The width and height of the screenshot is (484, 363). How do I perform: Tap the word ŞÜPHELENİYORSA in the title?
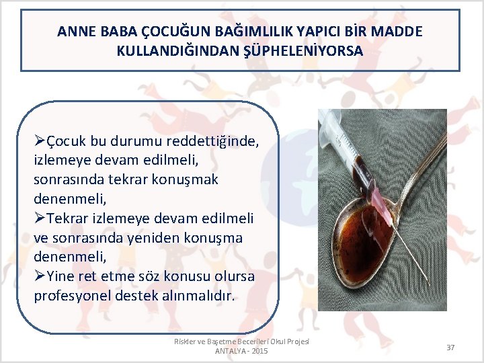pos(307,50)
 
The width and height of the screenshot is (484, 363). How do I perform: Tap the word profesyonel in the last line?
pos(71,296)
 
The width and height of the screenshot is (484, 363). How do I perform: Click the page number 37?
pos(450,347)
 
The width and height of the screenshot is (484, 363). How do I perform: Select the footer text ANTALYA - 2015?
pos(241,352)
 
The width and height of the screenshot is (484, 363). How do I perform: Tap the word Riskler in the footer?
pos(186,341)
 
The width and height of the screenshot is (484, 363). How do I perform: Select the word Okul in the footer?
pos(277,341)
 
